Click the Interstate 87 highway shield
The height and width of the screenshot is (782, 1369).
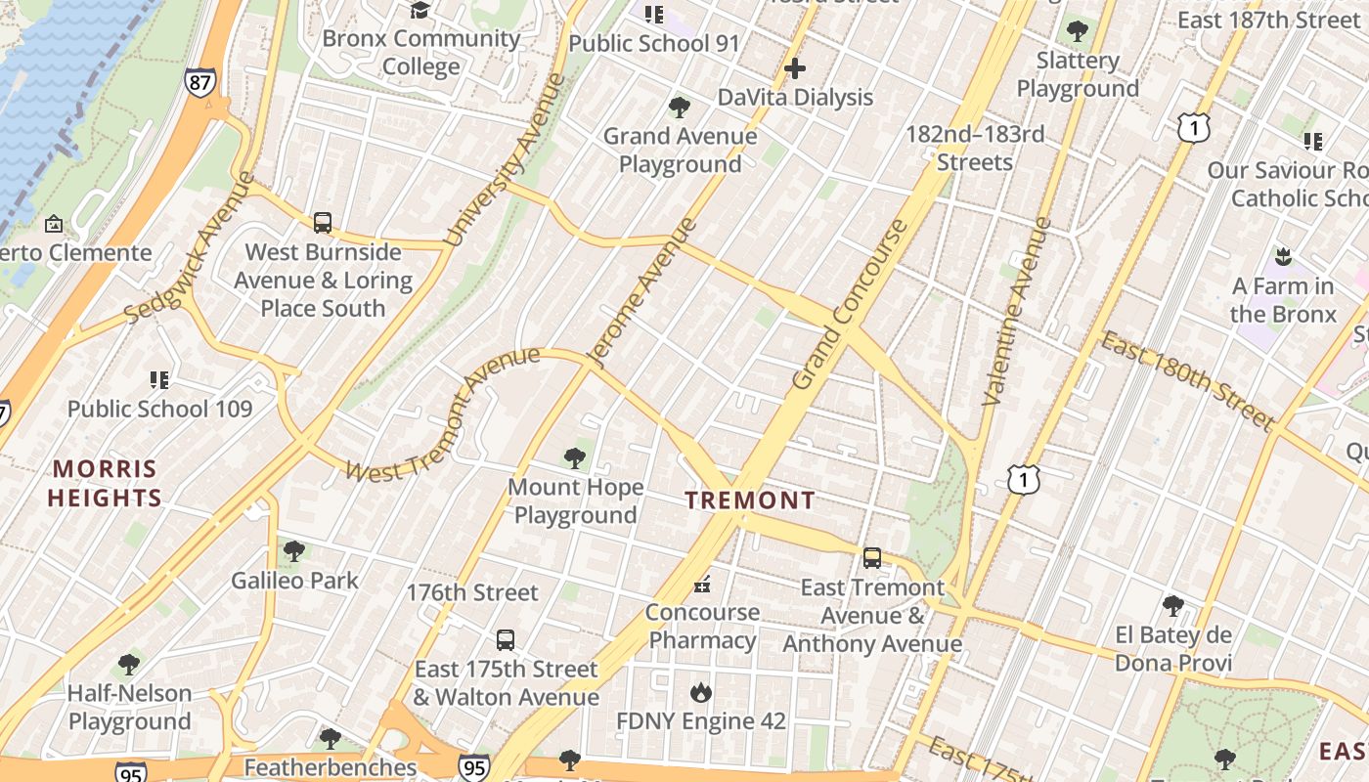[199, 82]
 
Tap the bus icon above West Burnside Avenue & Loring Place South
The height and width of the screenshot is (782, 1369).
[323, 223]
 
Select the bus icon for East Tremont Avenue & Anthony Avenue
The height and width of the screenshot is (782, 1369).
[871, 558]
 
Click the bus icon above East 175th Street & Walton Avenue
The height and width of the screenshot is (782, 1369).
[505, 640]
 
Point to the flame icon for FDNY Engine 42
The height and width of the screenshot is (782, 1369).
[700, 693]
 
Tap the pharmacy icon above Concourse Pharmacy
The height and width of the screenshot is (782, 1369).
[701, 585]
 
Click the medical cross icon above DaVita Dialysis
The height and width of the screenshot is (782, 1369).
[795, 68]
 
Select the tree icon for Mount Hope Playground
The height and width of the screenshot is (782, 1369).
[575, 457]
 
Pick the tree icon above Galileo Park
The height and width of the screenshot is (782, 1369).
[293, 551]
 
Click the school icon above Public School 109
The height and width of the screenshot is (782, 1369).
[159, 379]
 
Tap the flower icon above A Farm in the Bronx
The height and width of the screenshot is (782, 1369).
[1283, 257]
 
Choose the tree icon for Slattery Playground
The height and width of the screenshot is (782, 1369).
[1077, 31]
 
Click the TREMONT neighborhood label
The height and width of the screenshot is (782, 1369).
[750, 500]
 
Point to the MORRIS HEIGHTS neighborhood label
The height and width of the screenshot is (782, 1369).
[105, 483]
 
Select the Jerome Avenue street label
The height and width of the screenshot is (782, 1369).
[642, 291]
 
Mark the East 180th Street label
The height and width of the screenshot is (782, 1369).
[1187, 380]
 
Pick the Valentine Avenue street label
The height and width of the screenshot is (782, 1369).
[1017, 311]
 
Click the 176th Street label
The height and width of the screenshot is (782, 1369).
[472, 592]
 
